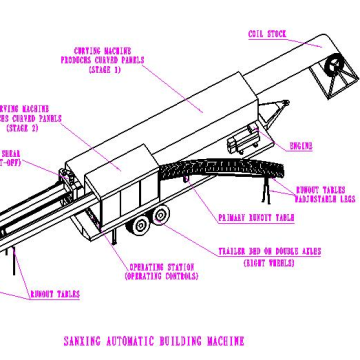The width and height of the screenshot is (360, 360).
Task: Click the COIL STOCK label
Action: click(267, 34)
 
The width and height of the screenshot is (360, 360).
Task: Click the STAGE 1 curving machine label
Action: click(109, 60)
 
